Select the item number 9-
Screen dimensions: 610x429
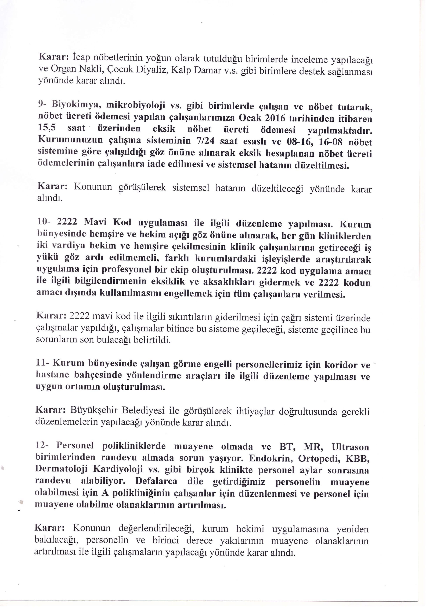[x=42, y=104]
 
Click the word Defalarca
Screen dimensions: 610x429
[x=156, y=481]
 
